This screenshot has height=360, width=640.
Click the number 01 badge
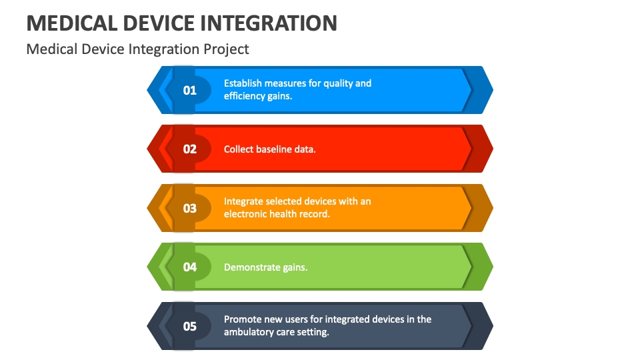(190, 90)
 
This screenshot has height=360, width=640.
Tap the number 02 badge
(190, 149)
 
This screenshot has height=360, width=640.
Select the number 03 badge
(190, 208)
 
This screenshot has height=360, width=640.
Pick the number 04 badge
(190, 267)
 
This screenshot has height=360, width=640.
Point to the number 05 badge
(190, 326)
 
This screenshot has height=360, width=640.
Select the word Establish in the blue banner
(243, 83)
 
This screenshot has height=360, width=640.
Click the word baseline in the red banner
(275, 149)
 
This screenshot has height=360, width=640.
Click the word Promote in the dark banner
(241, 319)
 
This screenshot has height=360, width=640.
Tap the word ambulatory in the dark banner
(249, 332)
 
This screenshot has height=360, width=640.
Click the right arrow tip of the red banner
(487, 149)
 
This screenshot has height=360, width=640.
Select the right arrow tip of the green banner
(487, 267)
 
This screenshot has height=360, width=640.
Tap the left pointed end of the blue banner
(152, 90)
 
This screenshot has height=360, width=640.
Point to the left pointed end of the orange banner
(152, 208)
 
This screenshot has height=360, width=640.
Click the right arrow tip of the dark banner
(487, 326)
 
